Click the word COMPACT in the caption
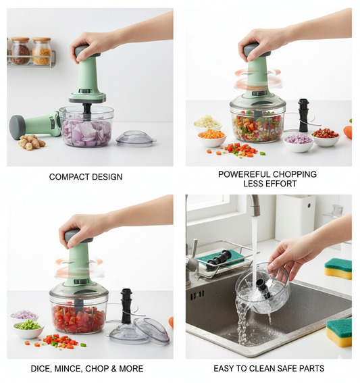pyautogui.click(x=66, y=177)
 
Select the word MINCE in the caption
pyautogui.click(x=69, y=369)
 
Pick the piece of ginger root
pyautogui.click(x=31, y=142)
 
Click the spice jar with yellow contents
pyautogui.click(x=42, y=51)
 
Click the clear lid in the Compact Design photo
pyautogui.click(x=136, y=138)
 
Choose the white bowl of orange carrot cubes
pyautogui.click(x=212, y=137)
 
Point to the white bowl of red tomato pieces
pyautogui.click(x=326, y=136)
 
